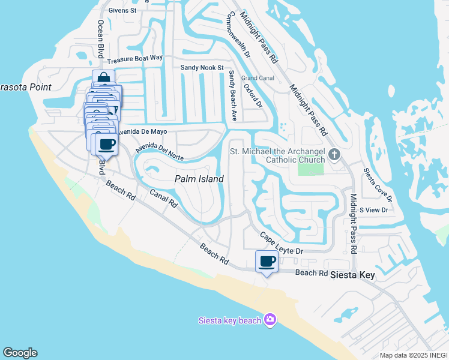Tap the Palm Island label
[x=199, y=179]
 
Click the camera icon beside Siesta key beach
[x=270, y=319]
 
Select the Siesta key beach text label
[x=230, y=320]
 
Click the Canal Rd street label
[x=164, y=199]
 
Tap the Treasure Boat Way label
[x=135, y=59]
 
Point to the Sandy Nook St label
[x=202, y=68]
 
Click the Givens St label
[x=123, y=10]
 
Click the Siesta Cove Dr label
[x=378, y=184]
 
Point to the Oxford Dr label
[x=253, y=95]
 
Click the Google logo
[x=20, y=353]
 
